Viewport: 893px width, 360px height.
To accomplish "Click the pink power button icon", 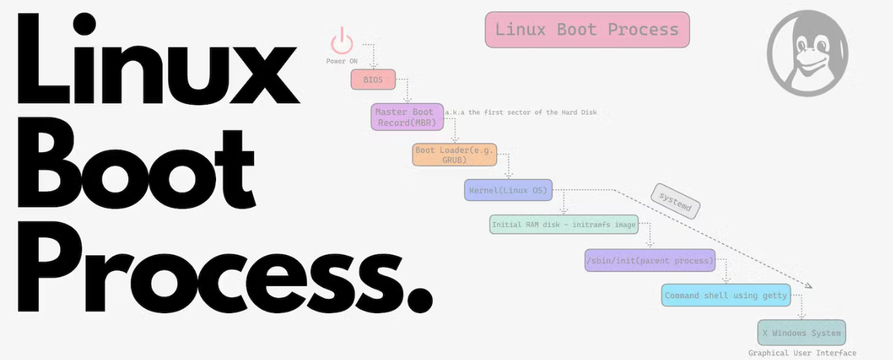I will (x=342, y=41).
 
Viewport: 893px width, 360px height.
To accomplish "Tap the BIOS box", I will (x=373, y=80).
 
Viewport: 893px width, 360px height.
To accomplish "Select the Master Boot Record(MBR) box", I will (x=407, y=117).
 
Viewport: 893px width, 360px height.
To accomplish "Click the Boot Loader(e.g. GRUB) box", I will (x=454, y=155).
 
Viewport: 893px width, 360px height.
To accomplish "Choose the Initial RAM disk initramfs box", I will (x=564, y=224).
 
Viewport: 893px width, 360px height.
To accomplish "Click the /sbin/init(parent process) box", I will (x=651, y=260).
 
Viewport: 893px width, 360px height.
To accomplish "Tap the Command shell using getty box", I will (x=726, y=295).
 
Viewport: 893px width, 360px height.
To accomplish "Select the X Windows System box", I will (x=801, y=333).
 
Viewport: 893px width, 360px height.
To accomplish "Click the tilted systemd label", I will (x=674, y=201).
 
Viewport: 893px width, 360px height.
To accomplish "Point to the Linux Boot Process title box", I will (x=587, y=30).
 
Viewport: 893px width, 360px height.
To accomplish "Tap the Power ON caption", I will (x=342, y=61).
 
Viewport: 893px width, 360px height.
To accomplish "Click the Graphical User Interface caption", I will (x=802, y=353).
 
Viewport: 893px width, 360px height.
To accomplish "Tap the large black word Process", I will (x=204, y=268).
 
